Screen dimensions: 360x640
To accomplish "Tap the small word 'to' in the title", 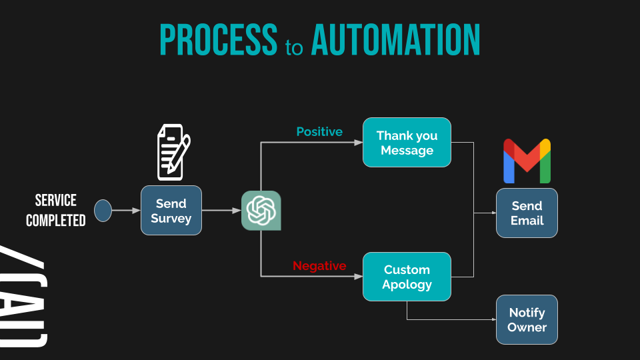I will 294,48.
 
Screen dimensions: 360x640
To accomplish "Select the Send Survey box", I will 171,211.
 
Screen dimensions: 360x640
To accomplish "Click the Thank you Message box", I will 407,143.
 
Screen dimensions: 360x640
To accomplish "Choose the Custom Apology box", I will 407,277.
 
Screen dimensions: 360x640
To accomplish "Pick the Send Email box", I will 527,213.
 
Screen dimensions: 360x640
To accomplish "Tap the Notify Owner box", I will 527,320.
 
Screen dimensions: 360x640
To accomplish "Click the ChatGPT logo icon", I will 261,211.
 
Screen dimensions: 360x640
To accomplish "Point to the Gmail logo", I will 527,161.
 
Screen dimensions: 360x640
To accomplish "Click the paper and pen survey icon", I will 173,152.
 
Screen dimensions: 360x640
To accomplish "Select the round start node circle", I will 103,211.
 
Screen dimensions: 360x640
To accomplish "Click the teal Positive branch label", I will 319,132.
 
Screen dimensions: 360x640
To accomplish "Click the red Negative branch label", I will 319,266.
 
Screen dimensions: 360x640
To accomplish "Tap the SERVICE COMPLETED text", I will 56,210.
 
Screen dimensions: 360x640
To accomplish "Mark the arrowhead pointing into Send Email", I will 493,213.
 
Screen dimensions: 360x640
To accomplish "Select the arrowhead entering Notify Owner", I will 493,320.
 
